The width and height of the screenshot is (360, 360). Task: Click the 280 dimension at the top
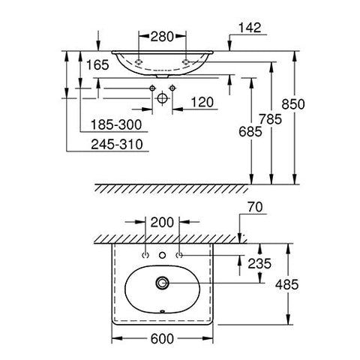(162, 35)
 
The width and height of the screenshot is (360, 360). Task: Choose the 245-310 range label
(113, 142)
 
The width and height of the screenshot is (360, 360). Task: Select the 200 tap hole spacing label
(163, 222)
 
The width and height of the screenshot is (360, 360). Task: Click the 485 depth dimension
(309, 284)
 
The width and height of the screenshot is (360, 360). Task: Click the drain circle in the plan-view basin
(163, 283)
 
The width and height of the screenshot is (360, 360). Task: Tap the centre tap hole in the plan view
(163, 256)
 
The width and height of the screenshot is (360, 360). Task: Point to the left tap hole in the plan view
(145, 256)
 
